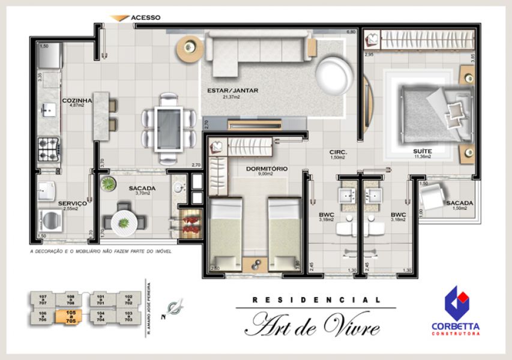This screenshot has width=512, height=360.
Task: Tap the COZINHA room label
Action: [77, 101]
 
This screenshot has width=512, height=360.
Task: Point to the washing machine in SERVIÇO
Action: [49, 220]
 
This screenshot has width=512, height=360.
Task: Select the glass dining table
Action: [168, 128]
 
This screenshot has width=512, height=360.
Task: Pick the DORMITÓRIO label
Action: [267, 169]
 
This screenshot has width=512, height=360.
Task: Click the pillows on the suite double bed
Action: [456, 111]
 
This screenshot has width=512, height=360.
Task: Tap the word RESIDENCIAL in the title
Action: [316, 299]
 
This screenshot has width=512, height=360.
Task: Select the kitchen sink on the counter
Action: [48, 109]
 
